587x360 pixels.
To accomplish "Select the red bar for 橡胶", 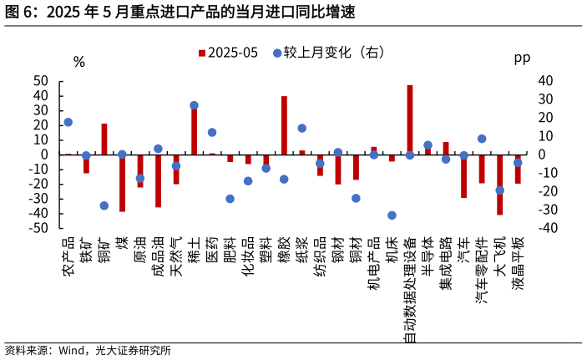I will [284, 125].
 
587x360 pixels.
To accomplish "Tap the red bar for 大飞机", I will [499, 185].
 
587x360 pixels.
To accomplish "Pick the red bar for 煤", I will [122, 183].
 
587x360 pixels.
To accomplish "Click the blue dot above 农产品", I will [68, 122].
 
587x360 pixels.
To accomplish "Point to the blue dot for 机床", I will [392, 215].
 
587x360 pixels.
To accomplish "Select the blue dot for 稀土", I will [194, 106].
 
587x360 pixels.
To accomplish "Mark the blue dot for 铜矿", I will [104, 205].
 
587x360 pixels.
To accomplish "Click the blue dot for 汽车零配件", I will [482, 139].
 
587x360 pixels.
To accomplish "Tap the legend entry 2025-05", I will [228, 53].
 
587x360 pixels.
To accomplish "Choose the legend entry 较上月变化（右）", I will [328, 53].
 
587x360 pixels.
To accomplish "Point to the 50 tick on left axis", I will [41, 81].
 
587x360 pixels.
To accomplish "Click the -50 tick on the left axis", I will [38, 228].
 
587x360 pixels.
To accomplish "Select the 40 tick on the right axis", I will [546, 81].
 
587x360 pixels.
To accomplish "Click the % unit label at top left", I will [79, 62].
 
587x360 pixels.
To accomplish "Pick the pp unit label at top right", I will [522, 58].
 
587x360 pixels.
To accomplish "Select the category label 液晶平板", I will [518, 263].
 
